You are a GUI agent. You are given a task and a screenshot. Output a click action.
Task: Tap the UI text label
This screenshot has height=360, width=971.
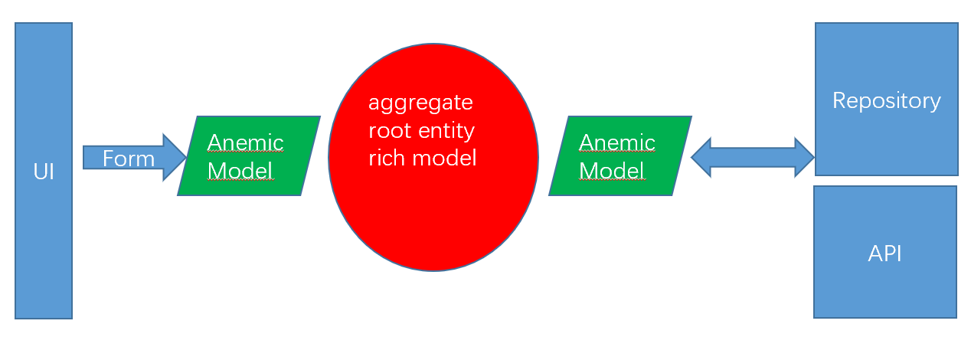[44, 172]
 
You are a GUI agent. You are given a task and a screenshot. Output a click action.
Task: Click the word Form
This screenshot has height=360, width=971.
[129, 159]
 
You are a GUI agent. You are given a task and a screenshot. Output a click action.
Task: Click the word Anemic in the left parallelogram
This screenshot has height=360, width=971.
[245, 142]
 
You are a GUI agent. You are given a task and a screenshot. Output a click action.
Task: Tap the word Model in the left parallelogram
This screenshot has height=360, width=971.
[240, 170]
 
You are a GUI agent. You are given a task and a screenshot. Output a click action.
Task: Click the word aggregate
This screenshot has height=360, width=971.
[420, 102]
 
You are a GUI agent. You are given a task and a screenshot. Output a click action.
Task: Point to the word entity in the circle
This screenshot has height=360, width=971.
[448, 130]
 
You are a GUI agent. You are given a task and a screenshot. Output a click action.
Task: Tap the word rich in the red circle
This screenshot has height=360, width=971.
[384, 158]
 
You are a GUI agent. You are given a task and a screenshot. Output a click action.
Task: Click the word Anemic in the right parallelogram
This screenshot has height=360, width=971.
[617, 142]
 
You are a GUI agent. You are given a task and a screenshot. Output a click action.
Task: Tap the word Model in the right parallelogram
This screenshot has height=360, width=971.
[612, 170]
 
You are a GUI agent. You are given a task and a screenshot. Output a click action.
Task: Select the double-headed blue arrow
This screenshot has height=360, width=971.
[752, 158]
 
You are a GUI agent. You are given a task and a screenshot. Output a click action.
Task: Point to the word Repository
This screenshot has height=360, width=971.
[886, 100]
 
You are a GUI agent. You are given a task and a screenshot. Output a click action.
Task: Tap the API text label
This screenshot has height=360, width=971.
[884, 254]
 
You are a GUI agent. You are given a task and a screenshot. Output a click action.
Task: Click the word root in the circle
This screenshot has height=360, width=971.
[389, 130]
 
